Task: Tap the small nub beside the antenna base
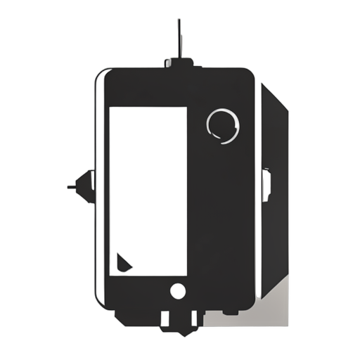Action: click(169, 63)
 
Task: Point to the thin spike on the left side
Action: click(73, 187)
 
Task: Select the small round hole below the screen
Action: click(178, 290)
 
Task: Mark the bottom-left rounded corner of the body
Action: click(100, 306)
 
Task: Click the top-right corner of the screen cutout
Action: click(186, 108)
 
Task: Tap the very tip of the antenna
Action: click(180, 20)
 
